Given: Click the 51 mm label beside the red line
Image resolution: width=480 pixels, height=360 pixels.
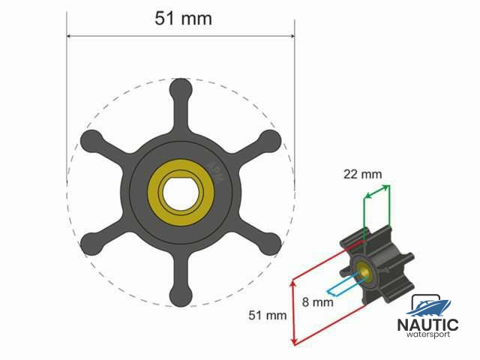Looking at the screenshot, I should (268, 316).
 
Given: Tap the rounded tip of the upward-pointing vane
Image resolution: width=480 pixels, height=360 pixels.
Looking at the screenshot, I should (181, 89).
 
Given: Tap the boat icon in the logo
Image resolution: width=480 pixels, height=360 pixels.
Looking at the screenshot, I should (430, 306).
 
